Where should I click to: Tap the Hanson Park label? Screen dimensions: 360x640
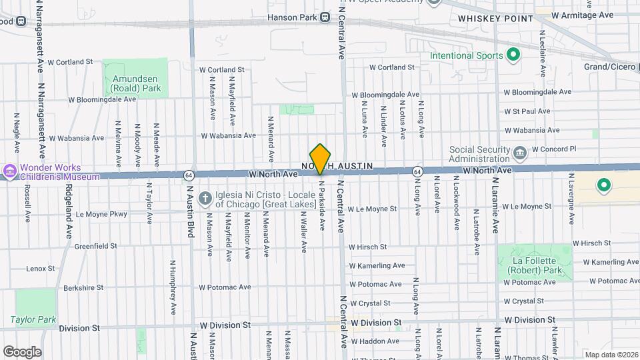pyautogui.click(x=291, y=17)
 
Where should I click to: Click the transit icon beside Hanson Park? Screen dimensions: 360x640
pyautogui.click(x=325, y=17)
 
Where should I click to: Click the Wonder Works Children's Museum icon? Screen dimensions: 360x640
pyautogui.click(x=10, y=172)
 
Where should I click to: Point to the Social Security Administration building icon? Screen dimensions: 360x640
pyautogui.click(x=519, y=154)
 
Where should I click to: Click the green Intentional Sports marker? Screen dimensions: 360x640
pyautogui.click(x=513, y=55)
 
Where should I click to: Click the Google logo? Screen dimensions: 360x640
pyautogui.click(x=22, y=351)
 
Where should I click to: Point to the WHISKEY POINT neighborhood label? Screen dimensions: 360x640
pyautogui.click(x=495, y=19)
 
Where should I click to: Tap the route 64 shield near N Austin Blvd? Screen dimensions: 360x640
pyautogui.click(x=189, y=175)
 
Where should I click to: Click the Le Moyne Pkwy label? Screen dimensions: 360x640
pyautogui.click(x=101, y=214)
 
